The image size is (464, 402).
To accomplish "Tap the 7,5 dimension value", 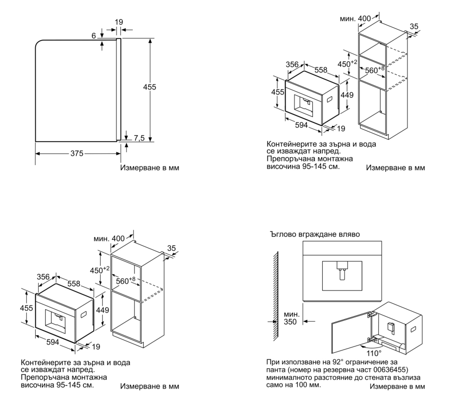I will pyautogui.click(x=140, y=138).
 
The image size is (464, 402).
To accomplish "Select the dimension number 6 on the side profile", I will pyautogui.click(x=94, y=36).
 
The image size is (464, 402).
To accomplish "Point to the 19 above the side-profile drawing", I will pyautogui.click(x=118, y=22).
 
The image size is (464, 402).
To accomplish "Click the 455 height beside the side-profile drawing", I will pyautogui.click(x=149, y=87).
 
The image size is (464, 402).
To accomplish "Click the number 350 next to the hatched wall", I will pyautogui.click(x=290, y=322).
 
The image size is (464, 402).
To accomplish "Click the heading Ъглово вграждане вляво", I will pyautogui.click(x=314, y=233).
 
